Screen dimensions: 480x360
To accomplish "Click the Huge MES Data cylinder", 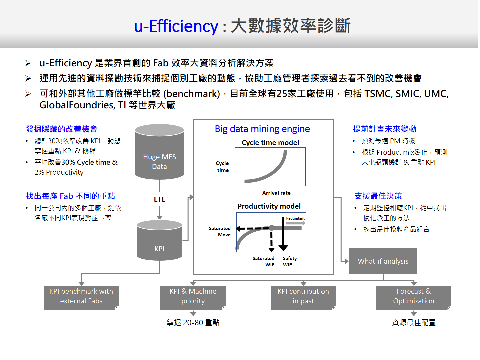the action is click(159, 152).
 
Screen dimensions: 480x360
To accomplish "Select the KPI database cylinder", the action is click(159, 240).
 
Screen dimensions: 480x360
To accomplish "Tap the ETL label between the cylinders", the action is click(159, 199).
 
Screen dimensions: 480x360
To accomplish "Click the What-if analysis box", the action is click(383, 261).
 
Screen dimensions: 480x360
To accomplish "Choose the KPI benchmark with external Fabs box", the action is click(81, 298).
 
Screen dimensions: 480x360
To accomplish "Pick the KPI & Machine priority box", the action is click(193, 298).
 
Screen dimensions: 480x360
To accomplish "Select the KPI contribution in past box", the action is click(303, 298).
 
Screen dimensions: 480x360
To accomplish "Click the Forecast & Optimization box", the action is click(414, 298).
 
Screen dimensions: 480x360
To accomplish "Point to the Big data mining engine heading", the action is click(262, 129).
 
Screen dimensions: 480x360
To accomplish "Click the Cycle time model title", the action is click(270, 143).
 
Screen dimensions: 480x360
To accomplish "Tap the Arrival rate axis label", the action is click(276, 193).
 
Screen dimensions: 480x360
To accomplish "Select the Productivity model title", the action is click(269, 206).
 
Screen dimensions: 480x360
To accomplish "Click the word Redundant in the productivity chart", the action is click(295, 218).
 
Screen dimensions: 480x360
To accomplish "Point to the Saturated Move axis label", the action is click(220, 231).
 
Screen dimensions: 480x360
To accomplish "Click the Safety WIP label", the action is click(290, 261).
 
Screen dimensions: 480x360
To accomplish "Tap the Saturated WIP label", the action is click(263, 261).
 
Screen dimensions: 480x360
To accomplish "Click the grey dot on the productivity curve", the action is click(271, 228).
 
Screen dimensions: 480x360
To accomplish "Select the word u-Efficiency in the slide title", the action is click(176, 26).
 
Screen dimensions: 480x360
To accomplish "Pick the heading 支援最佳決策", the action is click(378, 196).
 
